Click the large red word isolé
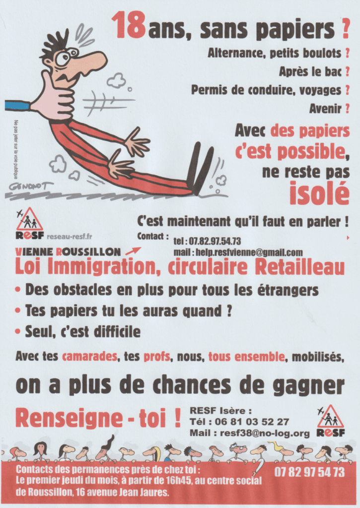tap(319, 193)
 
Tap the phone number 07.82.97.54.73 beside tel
tap(215, 242)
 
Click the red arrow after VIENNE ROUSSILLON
tap(133, 251)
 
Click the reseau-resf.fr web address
tap(69, 237)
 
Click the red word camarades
tap(89, 357)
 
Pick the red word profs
tap(156, 357)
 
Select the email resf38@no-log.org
tap(265, 433)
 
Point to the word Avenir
tap(325, 109)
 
